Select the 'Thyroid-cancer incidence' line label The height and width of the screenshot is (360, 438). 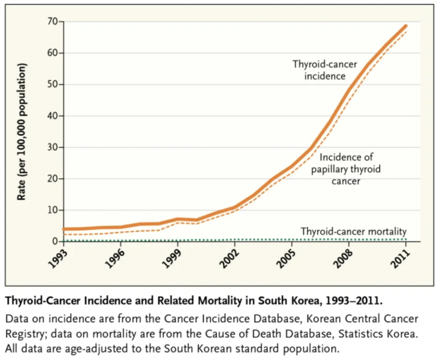(319, 70)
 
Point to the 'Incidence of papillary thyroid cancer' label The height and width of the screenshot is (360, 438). (346, 169)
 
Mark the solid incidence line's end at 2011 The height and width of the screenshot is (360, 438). (406, 26)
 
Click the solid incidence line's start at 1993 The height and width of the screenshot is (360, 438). (64, 229)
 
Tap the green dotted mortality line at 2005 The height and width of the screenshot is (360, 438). (292, 239)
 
